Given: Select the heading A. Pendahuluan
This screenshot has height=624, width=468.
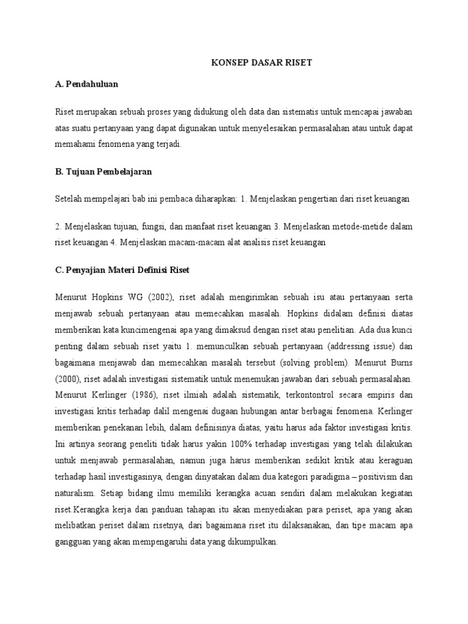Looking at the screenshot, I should click(x=86, y=84).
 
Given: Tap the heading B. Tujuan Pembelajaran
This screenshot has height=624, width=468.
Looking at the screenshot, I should click(x=103, y=172).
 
